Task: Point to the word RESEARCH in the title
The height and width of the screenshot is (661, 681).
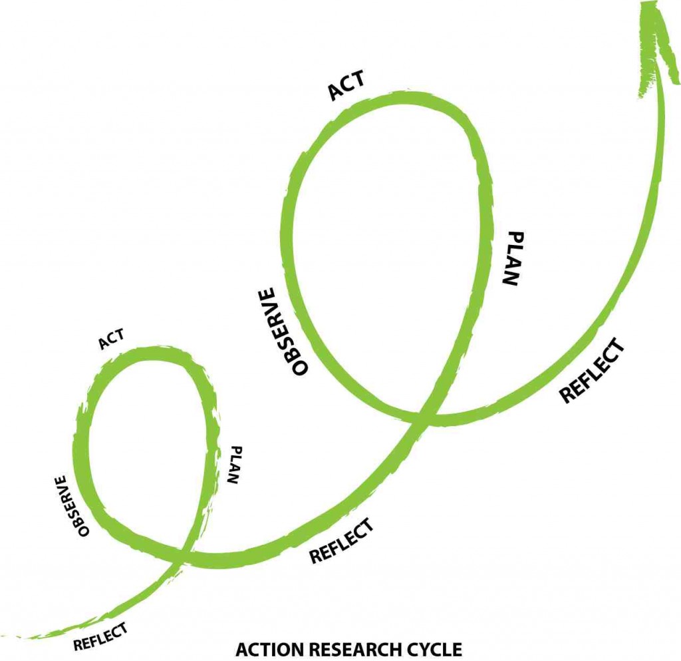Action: pos(352,649)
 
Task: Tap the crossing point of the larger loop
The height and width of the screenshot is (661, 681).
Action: pos(426,416)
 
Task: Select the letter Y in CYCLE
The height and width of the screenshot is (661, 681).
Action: pos(428,649)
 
